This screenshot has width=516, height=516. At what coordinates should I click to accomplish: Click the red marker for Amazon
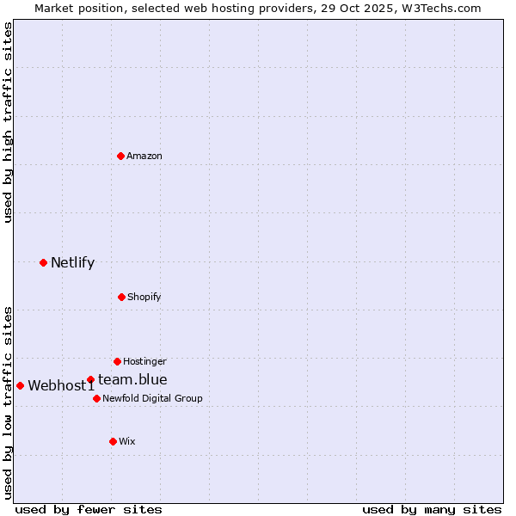coord(120,156)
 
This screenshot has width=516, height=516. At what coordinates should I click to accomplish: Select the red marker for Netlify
coord(43,262)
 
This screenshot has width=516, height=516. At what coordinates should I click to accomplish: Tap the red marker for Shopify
coord(121,297)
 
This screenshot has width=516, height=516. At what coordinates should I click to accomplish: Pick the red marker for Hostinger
coord(117,361)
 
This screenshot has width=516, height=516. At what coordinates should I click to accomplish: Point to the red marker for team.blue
coord(90,379)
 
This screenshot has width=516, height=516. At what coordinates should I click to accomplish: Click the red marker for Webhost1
coord(20,385)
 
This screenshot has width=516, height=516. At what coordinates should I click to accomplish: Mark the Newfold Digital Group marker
coord(96,398)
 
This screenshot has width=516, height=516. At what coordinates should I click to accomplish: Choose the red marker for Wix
coord(113,441)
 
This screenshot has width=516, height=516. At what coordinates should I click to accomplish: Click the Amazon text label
coord(144,156)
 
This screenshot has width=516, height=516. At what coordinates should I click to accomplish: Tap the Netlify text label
coord(72,262)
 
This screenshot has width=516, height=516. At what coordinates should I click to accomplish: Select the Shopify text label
coord(144,297)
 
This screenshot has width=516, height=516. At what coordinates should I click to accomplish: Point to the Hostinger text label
coord(144,361)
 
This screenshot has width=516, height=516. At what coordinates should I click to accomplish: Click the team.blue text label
coord(132,379)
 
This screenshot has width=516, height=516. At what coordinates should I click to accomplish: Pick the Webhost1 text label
coord(61,385)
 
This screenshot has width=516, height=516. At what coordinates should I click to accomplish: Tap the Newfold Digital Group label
coord(152,398)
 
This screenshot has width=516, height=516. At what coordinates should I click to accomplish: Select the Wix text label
coord(127,441)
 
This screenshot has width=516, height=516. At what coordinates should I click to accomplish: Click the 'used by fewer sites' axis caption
coord(89,509)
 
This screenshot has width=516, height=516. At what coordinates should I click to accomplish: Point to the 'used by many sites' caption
coord(432,509)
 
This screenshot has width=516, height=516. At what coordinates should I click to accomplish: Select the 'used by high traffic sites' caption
coord(8,121)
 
